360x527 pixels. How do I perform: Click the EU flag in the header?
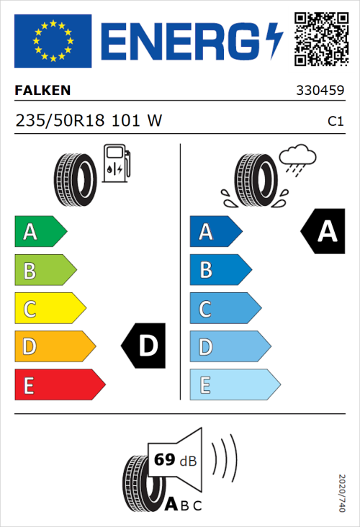point(53,41)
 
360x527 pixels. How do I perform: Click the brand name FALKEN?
point(43,91)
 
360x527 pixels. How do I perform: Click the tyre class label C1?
point(335,122)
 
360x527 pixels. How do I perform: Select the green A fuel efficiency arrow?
point(40,232)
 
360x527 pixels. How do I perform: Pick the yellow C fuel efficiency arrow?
point(50,309)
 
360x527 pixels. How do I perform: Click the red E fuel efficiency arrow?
point(59,385)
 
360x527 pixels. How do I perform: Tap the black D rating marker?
point(145,346)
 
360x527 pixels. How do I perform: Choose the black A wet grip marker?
point(324,232)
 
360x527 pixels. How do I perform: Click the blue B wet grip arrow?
point(220,270)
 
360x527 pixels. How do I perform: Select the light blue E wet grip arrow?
point(234,385)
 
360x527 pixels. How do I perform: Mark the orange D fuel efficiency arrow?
point(55,347)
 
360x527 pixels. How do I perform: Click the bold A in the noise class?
point(171,505)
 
